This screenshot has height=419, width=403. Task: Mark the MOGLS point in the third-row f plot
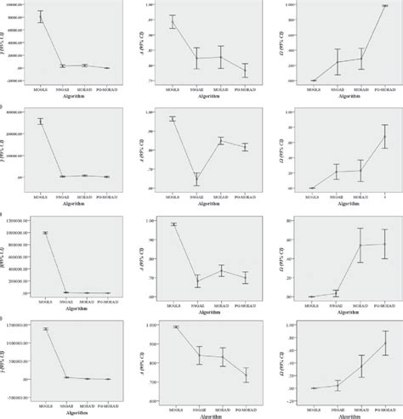41,232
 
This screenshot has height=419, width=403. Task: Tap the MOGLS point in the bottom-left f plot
41,329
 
